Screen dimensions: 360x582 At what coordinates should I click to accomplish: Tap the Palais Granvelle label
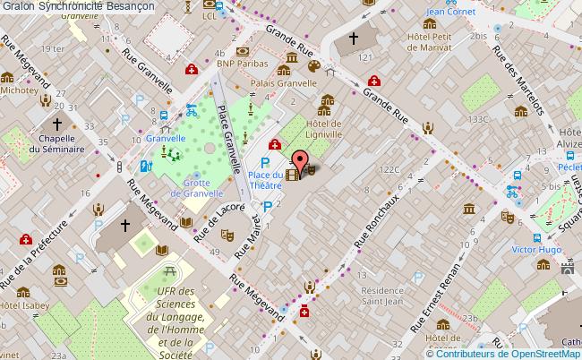288,87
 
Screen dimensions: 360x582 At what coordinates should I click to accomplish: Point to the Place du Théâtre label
266,181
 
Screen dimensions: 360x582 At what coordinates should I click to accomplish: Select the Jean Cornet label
449,12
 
